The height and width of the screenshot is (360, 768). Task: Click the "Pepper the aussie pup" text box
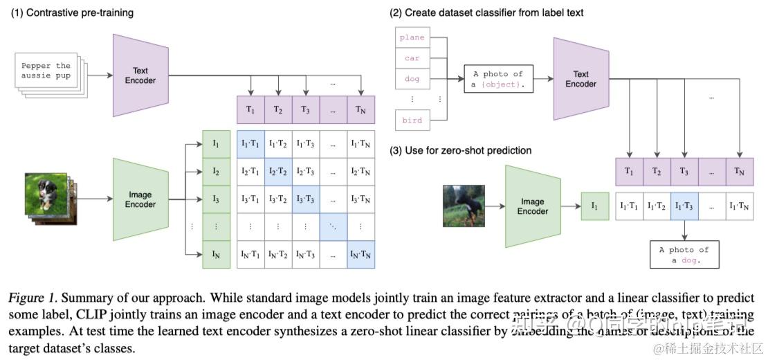(46, 71)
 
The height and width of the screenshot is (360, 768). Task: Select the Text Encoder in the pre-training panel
(140, 75)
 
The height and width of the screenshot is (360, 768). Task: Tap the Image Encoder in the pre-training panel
(140, 199)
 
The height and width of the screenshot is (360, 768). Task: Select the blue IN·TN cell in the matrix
(360, 254)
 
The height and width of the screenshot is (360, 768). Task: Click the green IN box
(216, 254)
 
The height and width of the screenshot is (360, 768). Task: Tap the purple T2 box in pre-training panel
(277, 109)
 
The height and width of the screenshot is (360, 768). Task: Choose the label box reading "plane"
(412, 38)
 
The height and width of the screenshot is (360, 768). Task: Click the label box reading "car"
(412, 59)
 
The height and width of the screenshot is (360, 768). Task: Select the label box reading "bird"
(412, 120)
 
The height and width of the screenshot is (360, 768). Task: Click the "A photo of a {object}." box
(498, 79)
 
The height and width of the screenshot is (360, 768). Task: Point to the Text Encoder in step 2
(581, 79)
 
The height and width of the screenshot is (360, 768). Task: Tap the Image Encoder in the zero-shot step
(533, 206)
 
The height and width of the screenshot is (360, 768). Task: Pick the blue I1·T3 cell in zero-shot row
(684, 206)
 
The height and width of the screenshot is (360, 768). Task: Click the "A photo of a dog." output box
(684, 255)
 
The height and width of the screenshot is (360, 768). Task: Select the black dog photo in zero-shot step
(464, 206)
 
